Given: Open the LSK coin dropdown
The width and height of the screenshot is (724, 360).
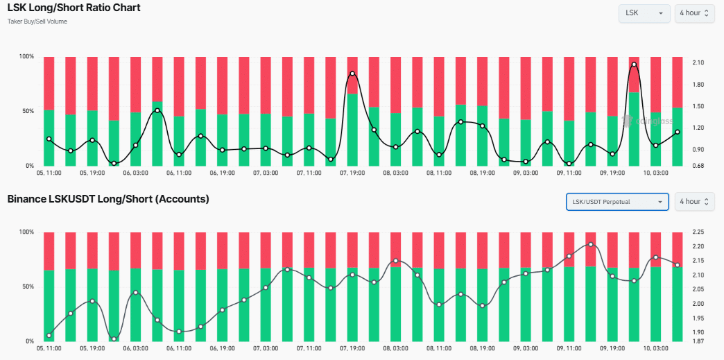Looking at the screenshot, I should pos(644,13).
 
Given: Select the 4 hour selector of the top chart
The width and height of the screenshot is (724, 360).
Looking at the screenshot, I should pos(694,13).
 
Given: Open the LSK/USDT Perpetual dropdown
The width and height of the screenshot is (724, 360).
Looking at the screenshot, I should pos(617,202).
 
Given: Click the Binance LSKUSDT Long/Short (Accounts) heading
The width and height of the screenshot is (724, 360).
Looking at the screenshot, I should pos(108,200).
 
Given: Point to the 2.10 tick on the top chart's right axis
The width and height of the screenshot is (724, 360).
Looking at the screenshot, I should pos(698,63).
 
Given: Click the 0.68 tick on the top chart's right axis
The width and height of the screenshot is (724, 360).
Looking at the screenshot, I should pos(698,165).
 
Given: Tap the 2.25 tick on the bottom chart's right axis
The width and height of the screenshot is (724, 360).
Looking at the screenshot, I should pos(698,232).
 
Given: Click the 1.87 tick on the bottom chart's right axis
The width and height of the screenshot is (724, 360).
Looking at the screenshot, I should pos(698,341).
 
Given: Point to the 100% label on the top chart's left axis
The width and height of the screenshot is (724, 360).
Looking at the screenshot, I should pos(26,57).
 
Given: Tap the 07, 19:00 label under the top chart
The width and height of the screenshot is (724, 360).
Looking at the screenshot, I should pos(353,173).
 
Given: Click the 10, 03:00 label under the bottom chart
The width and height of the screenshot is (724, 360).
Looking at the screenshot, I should pos(656,348).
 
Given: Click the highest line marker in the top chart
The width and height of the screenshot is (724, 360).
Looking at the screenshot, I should pos(634,65).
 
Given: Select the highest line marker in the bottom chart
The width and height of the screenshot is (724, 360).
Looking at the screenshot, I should pos(590,244).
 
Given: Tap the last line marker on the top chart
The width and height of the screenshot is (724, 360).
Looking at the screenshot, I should pos(678,132).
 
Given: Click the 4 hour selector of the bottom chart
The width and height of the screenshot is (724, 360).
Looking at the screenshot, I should pos(694,202).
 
